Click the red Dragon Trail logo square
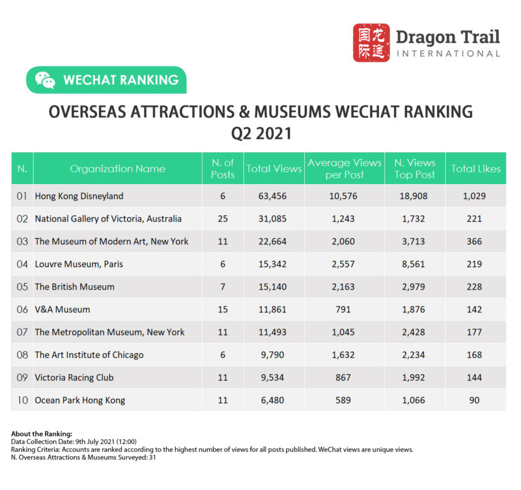[x=371, y=43]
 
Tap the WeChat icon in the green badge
[x=45, y=80]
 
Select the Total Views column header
[x=274, y=169]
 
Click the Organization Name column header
[x=117, y=169]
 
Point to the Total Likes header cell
[x=475, y=169]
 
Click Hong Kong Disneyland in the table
[x=79, y=196]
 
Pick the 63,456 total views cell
[x=274, y=196]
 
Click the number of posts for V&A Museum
[x=223, y=309]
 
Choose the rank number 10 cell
[x=22, y=400]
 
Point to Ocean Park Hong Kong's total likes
[x=475, y=400]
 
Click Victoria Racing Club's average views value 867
[x=345, y=377]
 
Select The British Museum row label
[x=74, y=286]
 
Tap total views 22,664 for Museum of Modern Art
[x=274, y=241]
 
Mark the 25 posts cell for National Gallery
[x=223, y=219]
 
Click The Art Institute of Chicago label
[x=89, y=355]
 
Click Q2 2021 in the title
[x=260, y=133]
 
